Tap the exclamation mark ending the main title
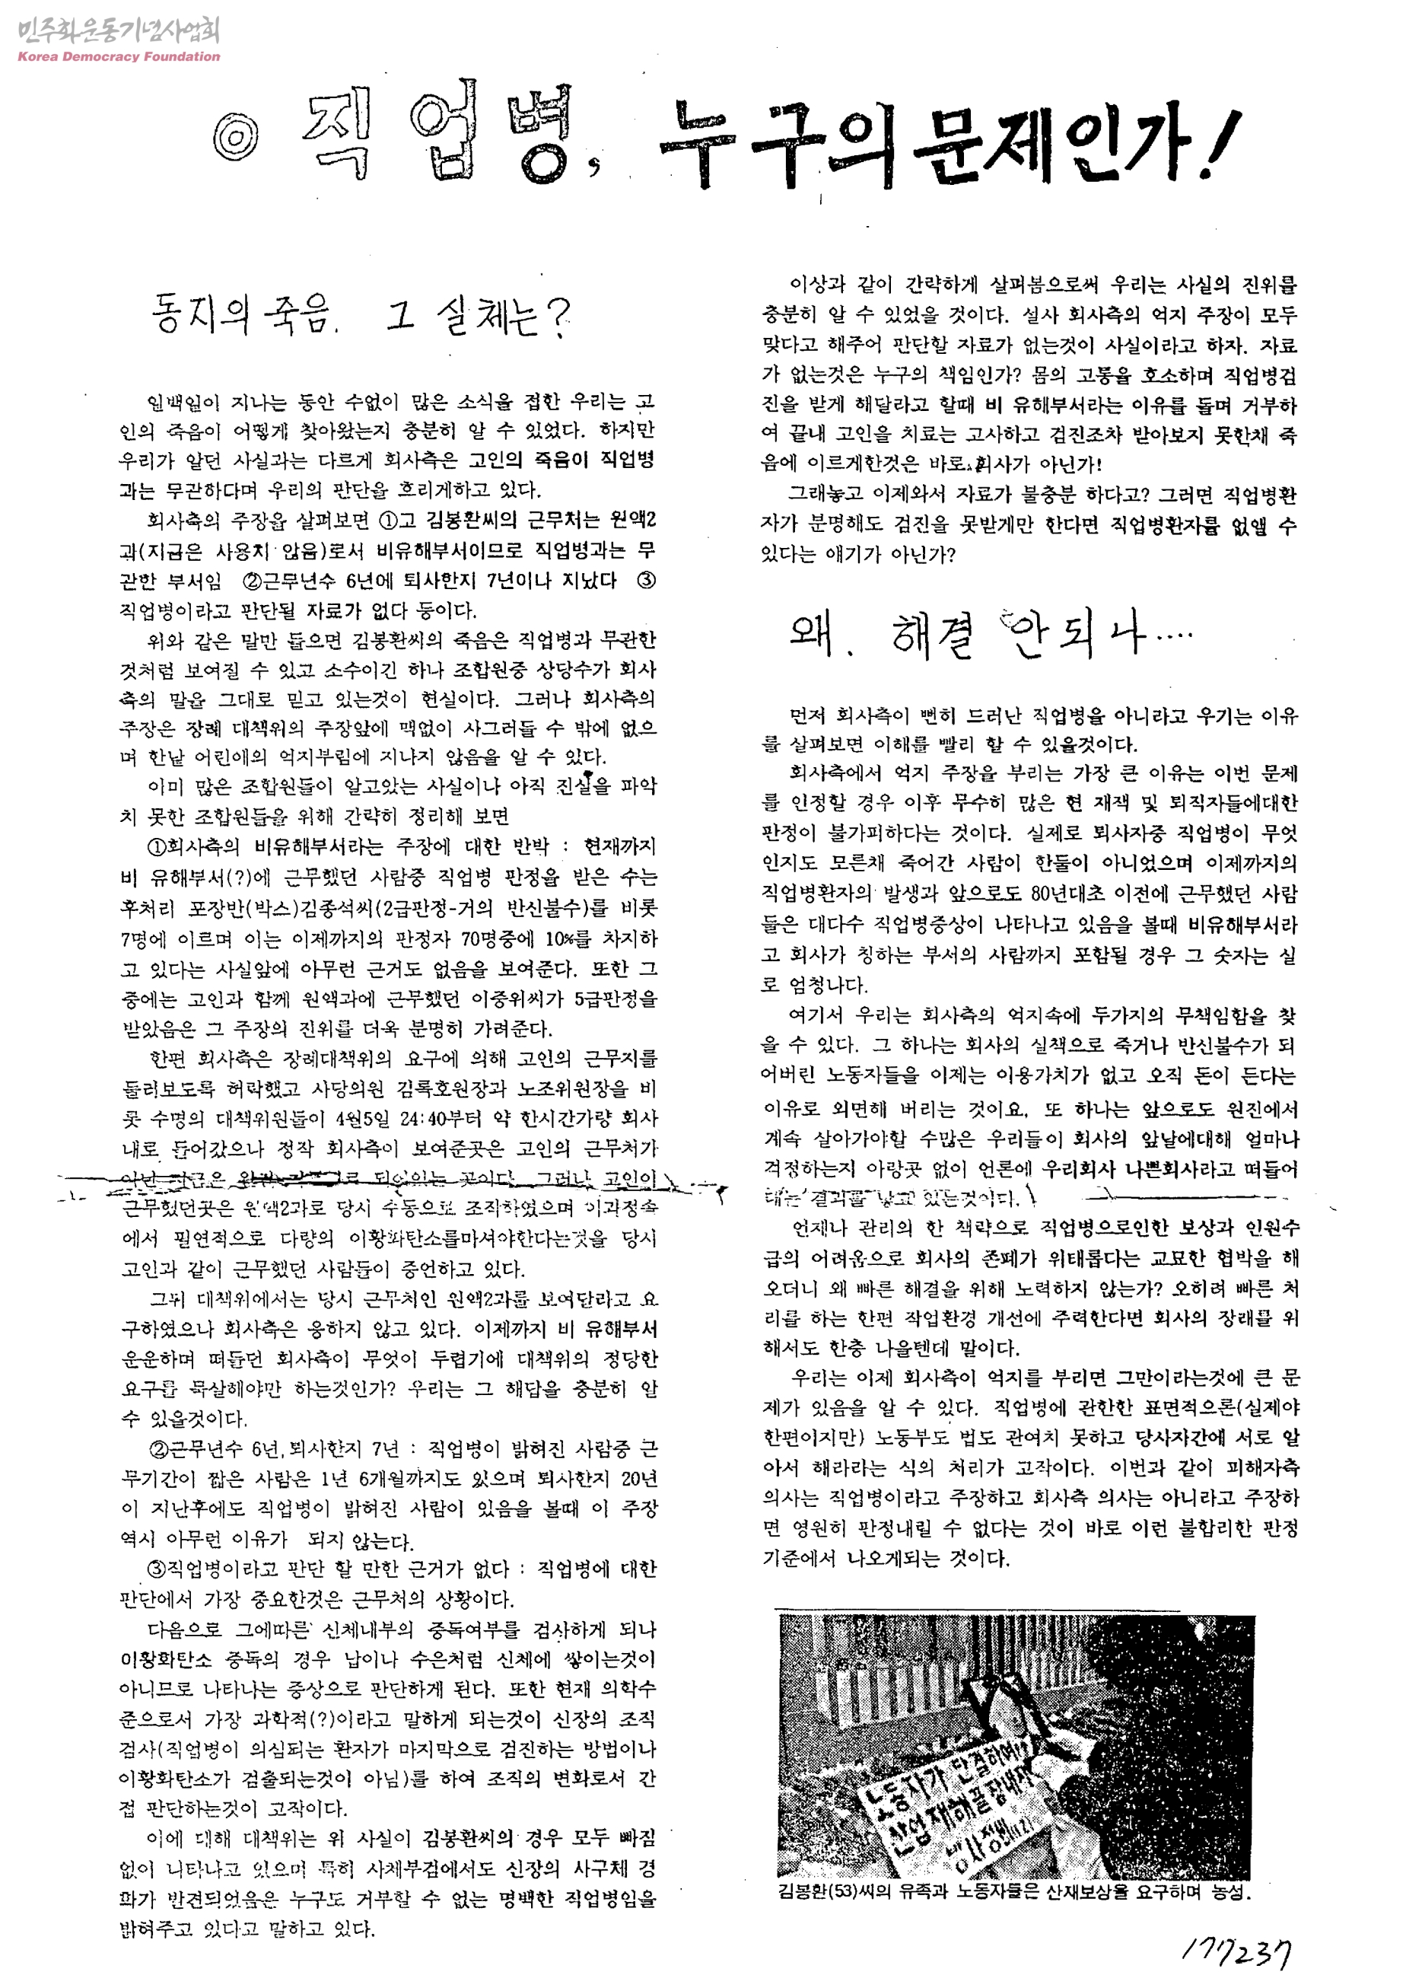coord(1218,145)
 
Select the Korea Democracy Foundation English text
coord(119,57)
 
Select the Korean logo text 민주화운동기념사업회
coord(119,31)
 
